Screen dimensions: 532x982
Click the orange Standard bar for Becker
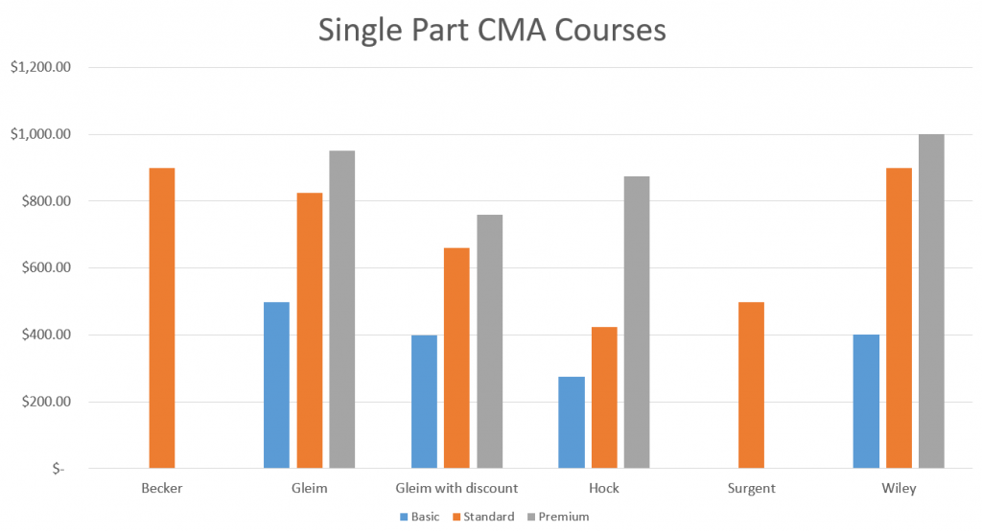[x=161, y=318]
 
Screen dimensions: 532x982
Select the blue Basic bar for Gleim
[x=276, y=385]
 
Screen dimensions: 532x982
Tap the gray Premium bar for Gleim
[x=341, y=310]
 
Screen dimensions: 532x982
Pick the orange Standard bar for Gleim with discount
[x=456, y=358]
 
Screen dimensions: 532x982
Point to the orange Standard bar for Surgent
[x=751, y=385]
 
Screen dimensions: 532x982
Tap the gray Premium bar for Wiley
[x=931, y=301]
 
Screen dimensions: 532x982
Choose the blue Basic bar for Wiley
[x=866, y=402]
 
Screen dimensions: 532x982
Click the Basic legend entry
[x=419, y=517]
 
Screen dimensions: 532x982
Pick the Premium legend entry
[x=557, y=517]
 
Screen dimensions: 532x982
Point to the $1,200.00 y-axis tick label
[x=41, y=67]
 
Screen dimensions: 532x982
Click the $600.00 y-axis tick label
[x=45, y=267]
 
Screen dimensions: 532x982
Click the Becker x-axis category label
[x=161, y=488]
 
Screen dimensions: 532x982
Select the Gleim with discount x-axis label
[x=456, y=488]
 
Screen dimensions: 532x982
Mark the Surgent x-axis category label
[x=751, y=488]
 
